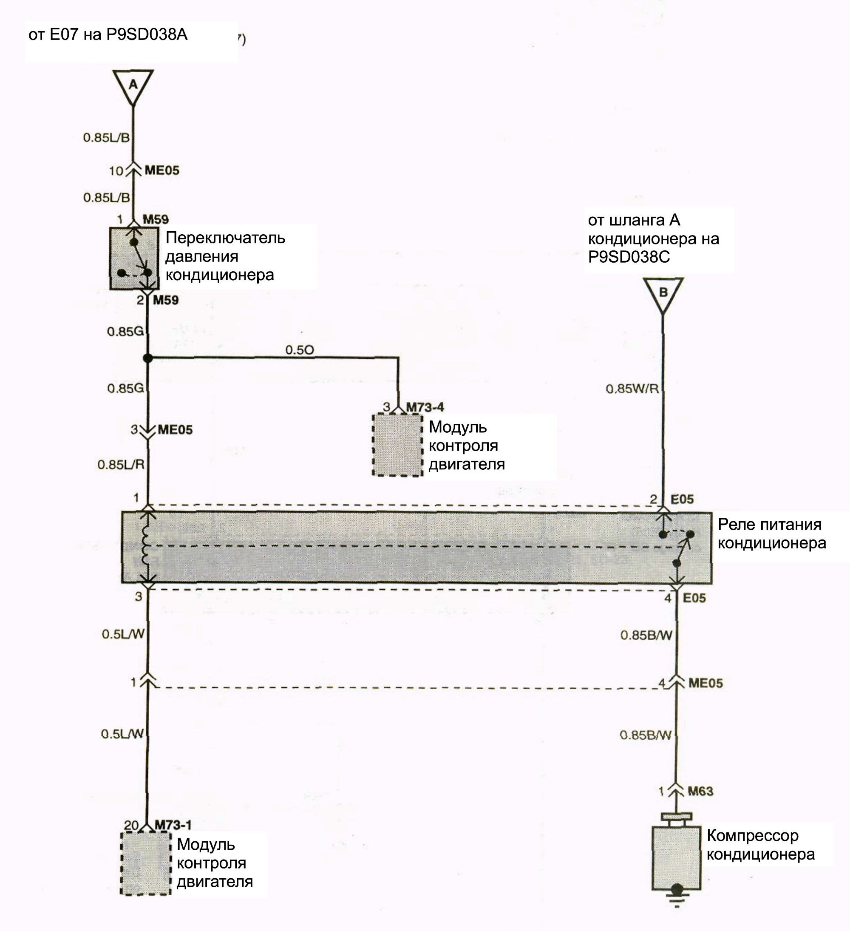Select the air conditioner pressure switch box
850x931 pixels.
click(x=134, y=258)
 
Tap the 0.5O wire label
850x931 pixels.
click(x=299, y=350)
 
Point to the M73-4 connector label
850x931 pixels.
click(x=425, y=407)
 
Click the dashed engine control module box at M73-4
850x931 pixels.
click(x=397, y=445)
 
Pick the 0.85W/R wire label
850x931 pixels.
click(x=632, y=389)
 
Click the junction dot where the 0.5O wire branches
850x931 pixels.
click(x=148, y=358)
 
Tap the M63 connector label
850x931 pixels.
click(x=700, y=792)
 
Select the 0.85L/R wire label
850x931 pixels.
click(x=121, y=465)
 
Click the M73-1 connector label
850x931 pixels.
click(x=173, y=825)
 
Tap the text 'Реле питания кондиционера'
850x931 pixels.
click(x=771, y=534)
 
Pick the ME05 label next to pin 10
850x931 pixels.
click(x=161, y=170)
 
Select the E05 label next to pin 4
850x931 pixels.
click(x=694, y=598)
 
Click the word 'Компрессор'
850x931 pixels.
click(x=753, y=835)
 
